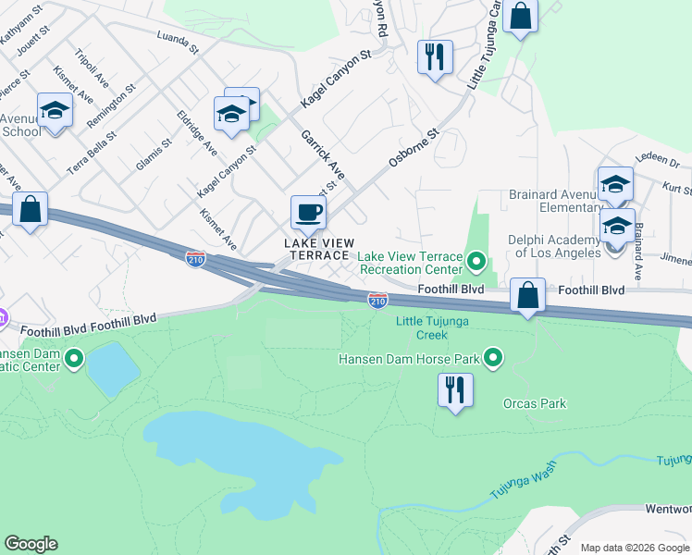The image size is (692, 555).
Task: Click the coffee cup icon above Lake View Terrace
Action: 308,213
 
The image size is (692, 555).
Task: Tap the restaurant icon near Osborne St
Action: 434,57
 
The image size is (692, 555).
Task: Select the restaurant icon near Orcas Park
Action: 454,389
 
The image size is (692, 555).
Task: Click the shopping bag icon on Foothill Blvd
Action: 527,296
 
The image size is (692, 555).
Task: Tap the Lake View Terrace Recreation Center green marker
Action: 476,262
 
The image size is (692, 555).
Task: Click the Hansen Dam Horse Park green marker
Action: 494,358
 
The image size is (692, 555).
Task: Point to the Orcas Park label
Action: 534,403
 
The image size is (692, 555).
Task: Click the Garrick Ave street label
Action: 323,154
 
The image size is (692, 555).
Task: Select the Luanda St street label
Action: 179,43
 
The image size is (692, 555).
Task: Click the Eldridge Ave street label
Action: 196,133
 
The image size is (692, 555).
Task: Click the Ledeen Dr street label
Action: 659,161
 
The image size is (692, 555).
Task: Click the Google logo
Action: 31,544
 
